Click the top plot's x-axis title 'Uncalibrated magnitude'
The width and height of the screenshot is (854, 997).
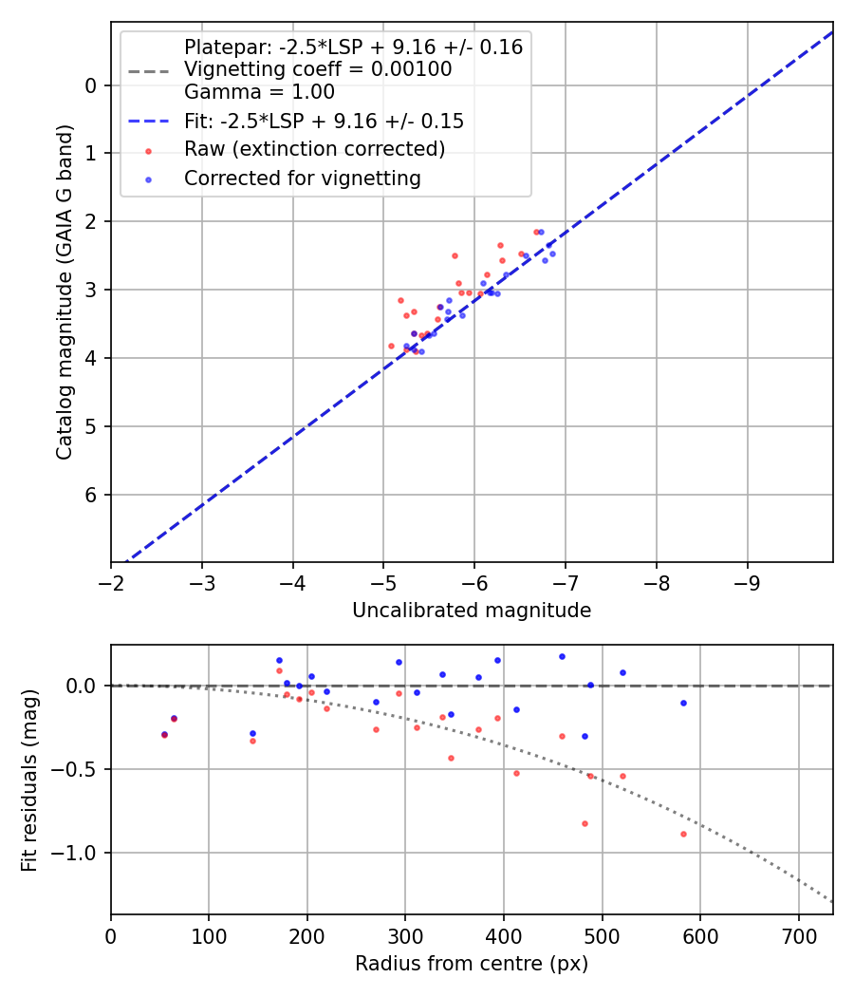pyautogui.click(x=472, y=611)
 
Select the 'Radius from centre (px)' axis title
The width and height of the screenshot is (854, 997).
pyautogui.click(x=472, y=964)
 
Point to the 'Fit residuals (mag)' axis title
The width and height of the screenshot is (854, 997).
pyautogui.click(x=30, y=780)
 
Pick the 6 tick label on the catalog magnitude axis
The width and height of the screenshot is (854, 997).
pyautogui.click(x=92, y=495)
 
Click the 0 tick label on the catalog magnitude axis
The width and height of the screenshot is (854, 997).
pyautogui.click(x=92, y=85)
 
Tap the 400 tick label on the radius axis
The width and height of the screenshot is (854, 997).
pyautogui.click(x=504, y=936)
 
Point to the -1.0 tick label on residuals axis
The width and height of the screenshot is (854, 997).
pyautogui.click(x=78, y=853)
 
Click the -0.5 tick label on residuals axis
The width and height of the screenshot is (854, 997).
pyautogui.click(x=78, y=769)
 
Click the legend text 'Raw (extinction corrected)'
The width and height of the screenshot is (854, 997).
pyautogui.click(x=314, y=149)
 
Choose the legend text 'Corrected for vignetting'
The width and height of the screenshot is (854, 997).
pyautogui.click(x=303, y=178)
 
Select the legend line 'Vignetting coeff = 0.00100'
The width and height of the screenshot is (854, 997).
pyautogui.click(x=318, y=69)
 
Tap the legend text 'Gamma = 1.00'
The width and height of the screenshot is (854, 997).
pyautogui.click(x=259, y=92)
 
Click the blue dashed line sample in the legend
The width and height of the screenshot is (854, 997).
pyautogui.click(x=148, y=122)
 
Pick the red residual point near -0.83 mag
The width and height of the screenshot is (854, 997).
pyautogui.click(x=585, y=823)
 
